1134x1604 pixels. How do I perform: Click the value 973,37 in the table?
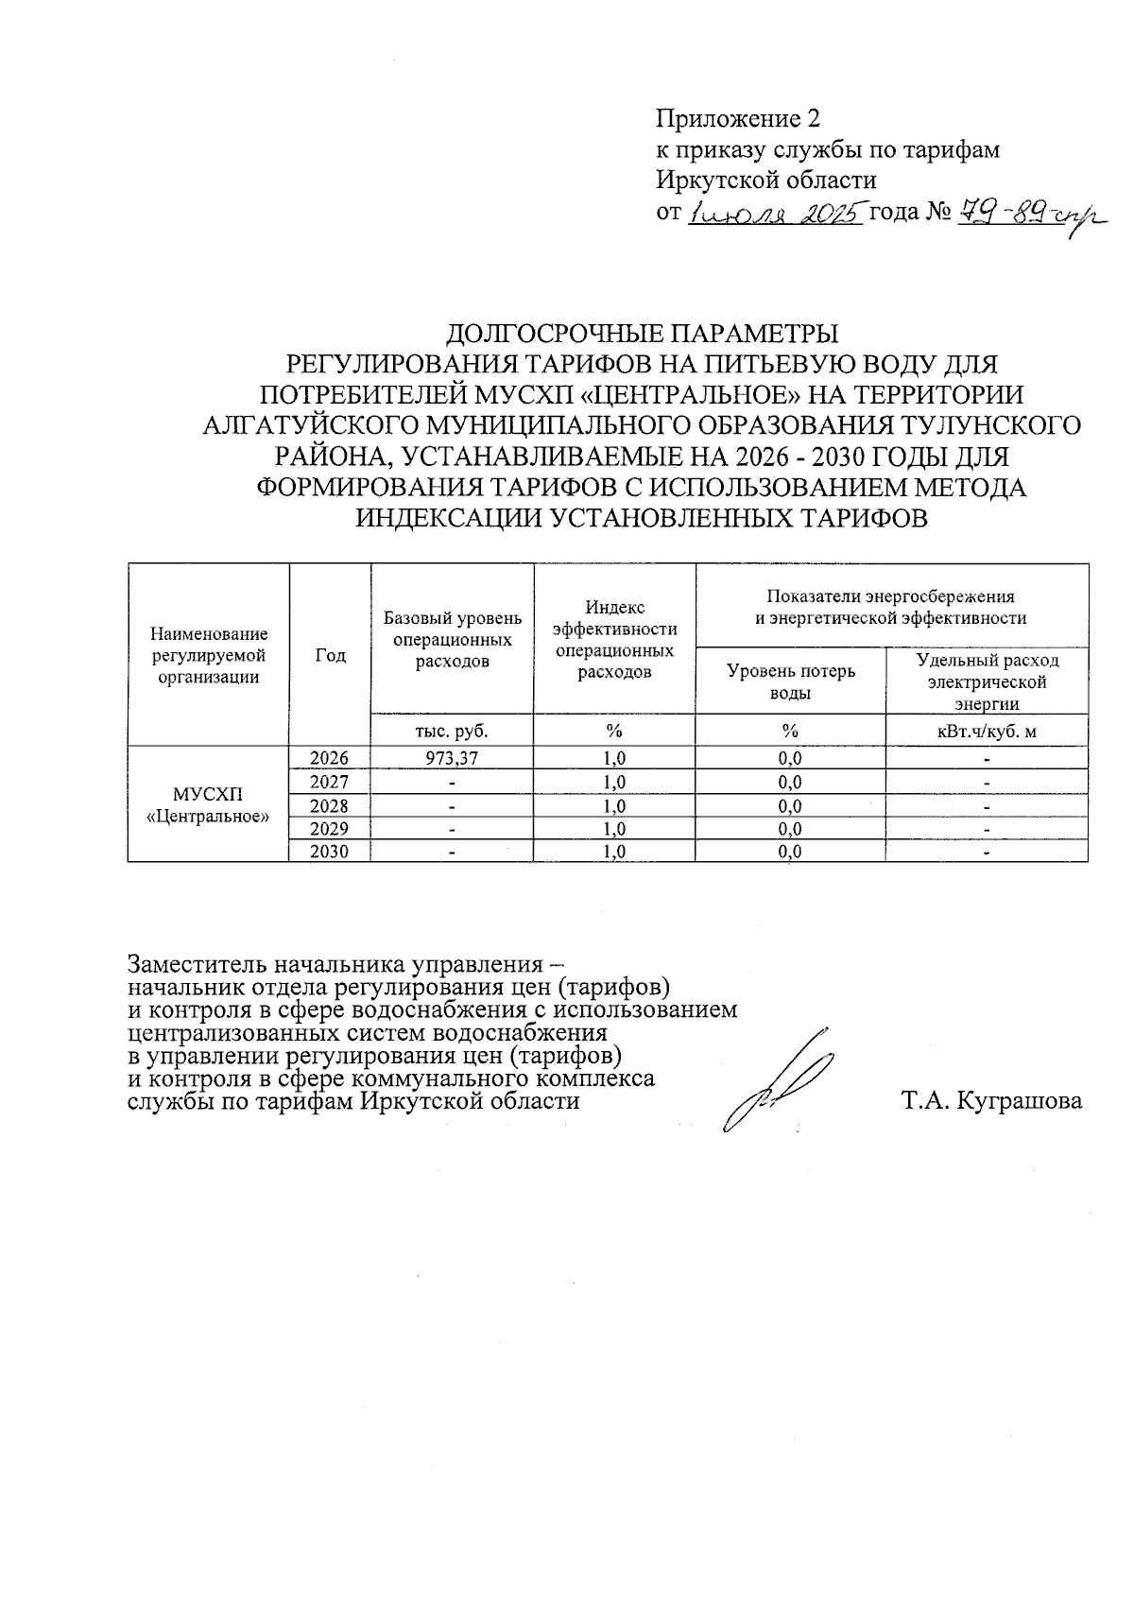click(x=452, y=758)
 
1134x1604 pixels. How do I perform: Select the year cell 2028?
click(x=329, y=805)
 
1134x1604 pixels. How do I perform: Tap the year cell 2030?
click(x=329, y=852)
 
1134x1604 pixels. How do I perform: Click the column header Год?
click(x=330, y=655)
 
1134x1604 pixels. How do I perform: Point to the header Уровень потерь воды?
click(x=790, y=681)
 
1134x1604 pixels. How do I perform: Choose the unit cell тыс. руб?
click(x=452, y=730)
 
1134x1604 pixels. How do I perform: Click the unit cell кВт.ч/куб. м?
click(x=987, y=730)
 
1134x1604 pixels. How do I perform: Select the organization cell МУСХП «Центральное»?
click(x=209, y=804)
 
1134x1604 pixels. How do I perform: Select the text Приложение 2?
click(x=738, y=119)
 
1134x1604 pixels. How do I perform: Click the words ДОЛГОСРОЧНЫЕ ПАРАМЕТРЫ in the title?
click(x=642, y=335)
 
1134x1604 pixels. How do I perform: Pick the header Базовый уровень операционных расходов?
click(x=452, y=639)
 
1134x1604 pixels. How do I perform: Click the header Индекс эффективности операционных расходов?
click(x=614, y=639)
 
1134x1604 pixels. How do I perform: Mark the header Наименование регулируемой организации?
click(x=209, y=655)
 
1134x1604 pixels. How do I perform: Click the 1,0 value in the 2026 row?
click(x=614, y=758)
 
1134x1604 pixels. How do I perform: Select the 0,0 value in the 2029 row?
click(x=790, y=829)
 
